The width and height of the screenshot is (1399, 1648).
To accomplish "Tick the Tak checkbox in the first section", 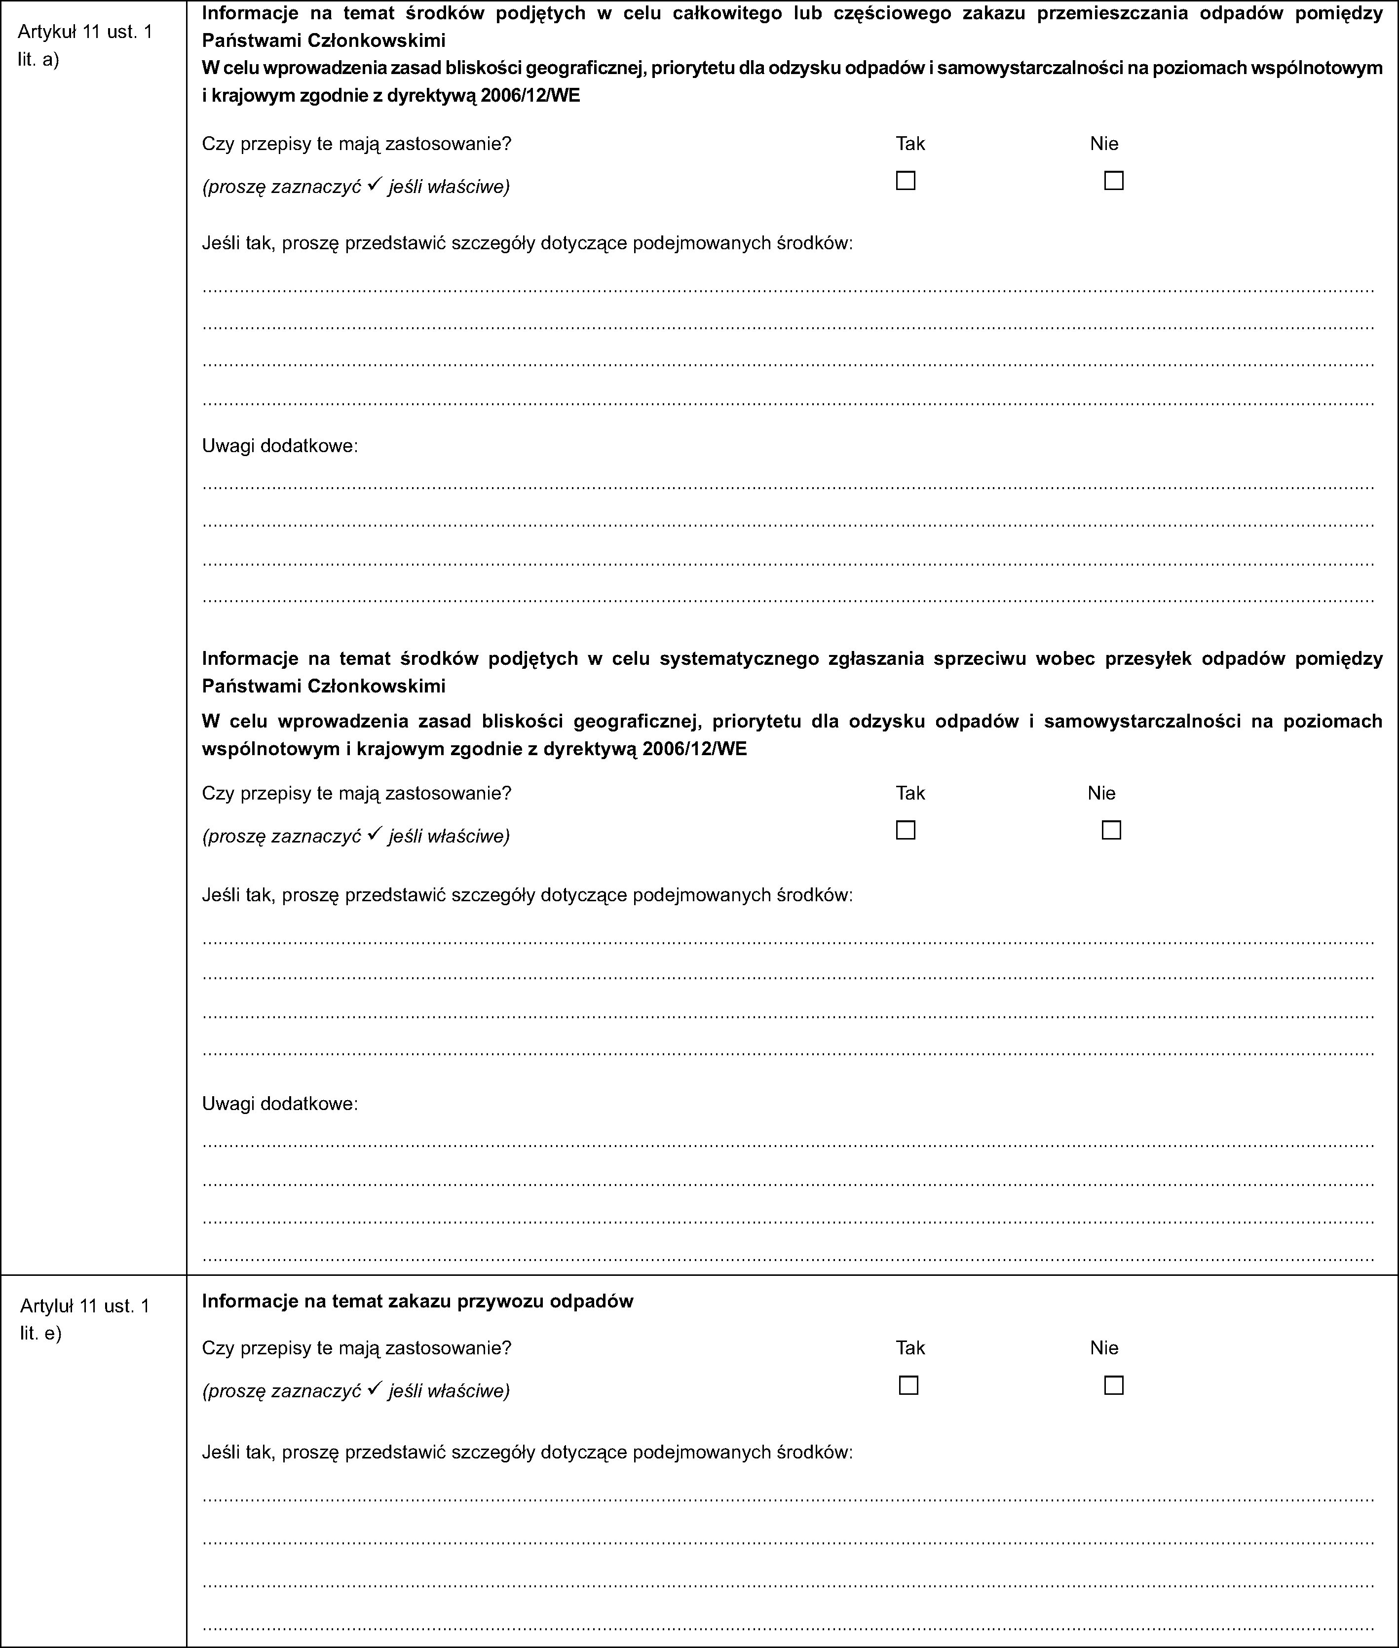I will coord(905,181).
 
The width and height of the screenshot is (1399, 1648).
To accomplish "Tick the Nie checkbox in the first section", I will coord(1113,181).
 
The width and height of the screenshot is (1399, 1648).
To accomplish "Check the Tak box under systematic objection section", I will coord(905,830).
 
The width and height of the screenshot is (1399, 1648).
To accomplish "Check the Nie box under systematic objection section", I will coord(1111,830).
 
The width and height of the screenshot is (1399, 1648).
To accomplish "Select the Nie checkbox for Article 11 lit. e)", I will coord(1113,1385).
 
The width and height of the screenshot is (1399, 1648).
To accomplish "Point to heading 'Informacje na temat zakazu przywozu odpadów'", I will coord(418,1301).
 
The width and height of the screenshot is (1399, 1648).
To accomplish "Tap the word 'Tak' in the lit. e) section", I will coord(910,1347).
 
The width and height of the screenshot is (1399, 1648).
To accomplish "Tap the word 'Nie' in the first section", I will coord(1104,144).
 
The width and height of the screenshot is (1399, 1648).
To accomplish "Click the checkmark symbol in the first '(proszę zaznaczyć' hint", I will coord(376,186).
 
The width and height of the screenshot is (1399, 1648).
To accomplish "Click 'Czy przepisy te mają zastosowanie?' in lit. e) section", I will coord(357,1347).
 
